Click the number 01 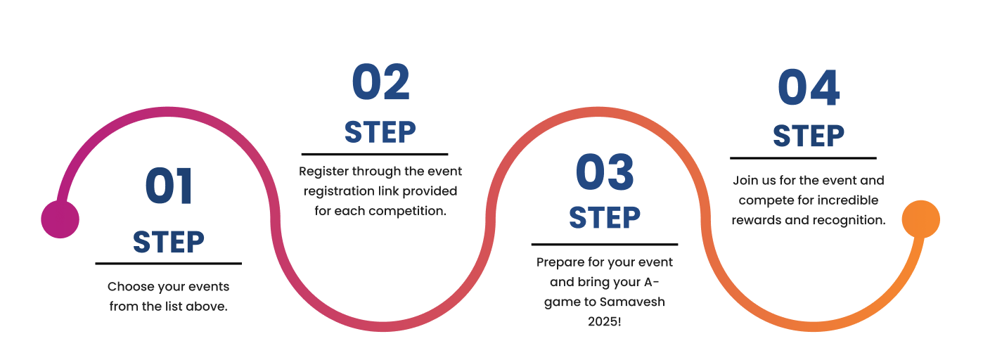(x=169, y=186)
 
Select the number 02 (x=381, y=82)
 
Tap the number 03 (x=605, y=172)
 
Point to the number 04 (x=809, y=87)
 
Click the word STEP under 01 (x=169, y=242)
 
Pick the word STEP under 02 (x=380, y=132)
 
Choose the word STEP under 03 (x=605, y=218)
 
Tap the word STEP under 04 (x=809, y=136)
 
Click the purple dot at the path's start (x=60, y=219)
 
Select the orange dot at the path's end (x=920, y=219)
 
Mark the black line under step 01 (x=169, y=264)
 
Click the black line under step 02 (x=375, y=154)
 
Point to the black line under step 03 (x=605, y=244)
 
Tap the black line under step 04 (x=804, y=158)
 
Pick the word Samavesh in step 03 (x=632, y=302)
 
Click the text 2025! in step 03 (x=605, y=322)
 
